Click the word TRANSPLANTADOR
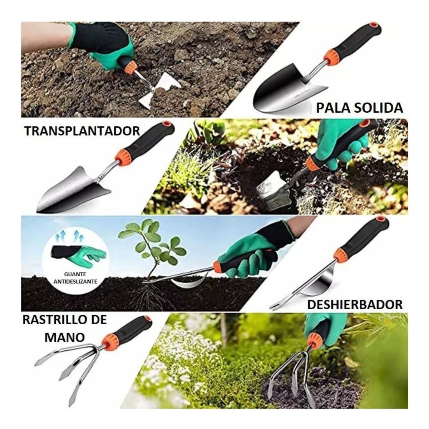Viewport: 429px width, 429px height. (82, 131)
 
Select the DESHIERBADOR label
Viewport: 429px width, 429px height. (355, 305)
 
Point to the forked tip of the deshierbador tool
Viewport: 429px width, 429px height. (275, 306)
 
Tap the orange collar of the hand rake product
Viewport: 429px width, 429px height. (108, 343)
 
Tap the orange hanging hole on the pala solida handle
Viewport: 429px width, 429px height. (374, 25)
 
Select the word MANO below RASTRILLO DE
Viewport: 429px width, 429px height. (65, 337)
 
